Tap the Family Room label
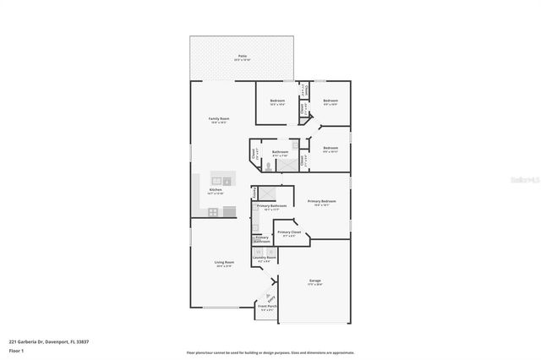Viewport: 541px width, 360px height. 219,120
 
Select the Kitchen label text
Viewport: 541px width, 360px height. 216,191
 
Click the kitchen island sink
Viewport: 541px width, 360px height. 226,180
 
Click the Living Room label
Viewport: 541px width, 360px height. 223,264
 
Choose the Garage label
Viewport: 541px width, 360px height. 314,281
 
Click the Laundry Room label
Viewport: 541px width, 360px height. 265,259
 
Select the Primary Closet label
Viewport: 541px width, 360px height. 289,232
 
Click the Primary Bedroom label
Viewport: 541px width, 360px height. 321,202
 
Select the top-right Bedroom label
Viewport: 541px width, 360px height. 331,102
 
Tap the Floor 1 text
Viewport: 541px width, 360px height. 16,350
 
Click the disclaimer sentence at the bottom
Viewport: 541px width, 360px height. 270,352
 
